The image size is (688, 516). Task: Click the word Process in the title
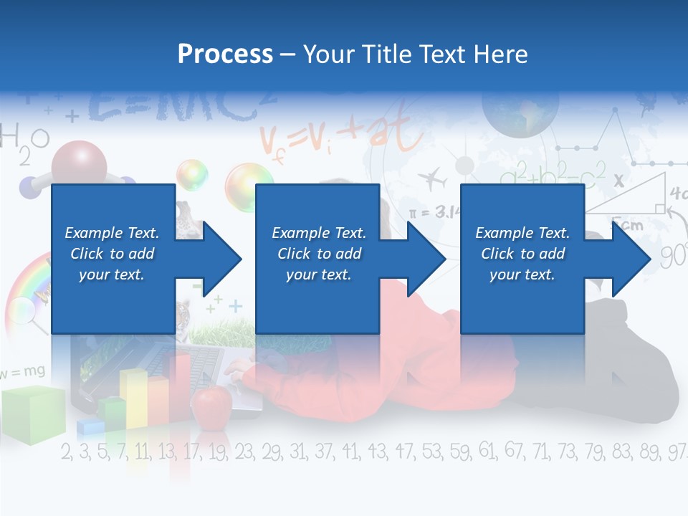(225, 54)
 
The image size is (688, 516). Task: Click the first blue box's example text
(112, 254)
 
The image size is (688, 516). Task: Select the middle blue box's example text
(319, 254)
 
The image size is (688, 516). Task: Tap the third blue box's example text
(522, 254)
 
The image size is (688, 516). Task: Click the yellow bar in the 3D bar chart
(133, 398)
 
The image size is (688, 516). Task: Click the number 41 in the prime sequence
(350, 451)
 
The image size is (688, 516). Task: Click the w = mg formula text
(22, 372)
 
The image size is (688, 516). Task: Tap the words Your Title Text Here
(415, 54)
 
